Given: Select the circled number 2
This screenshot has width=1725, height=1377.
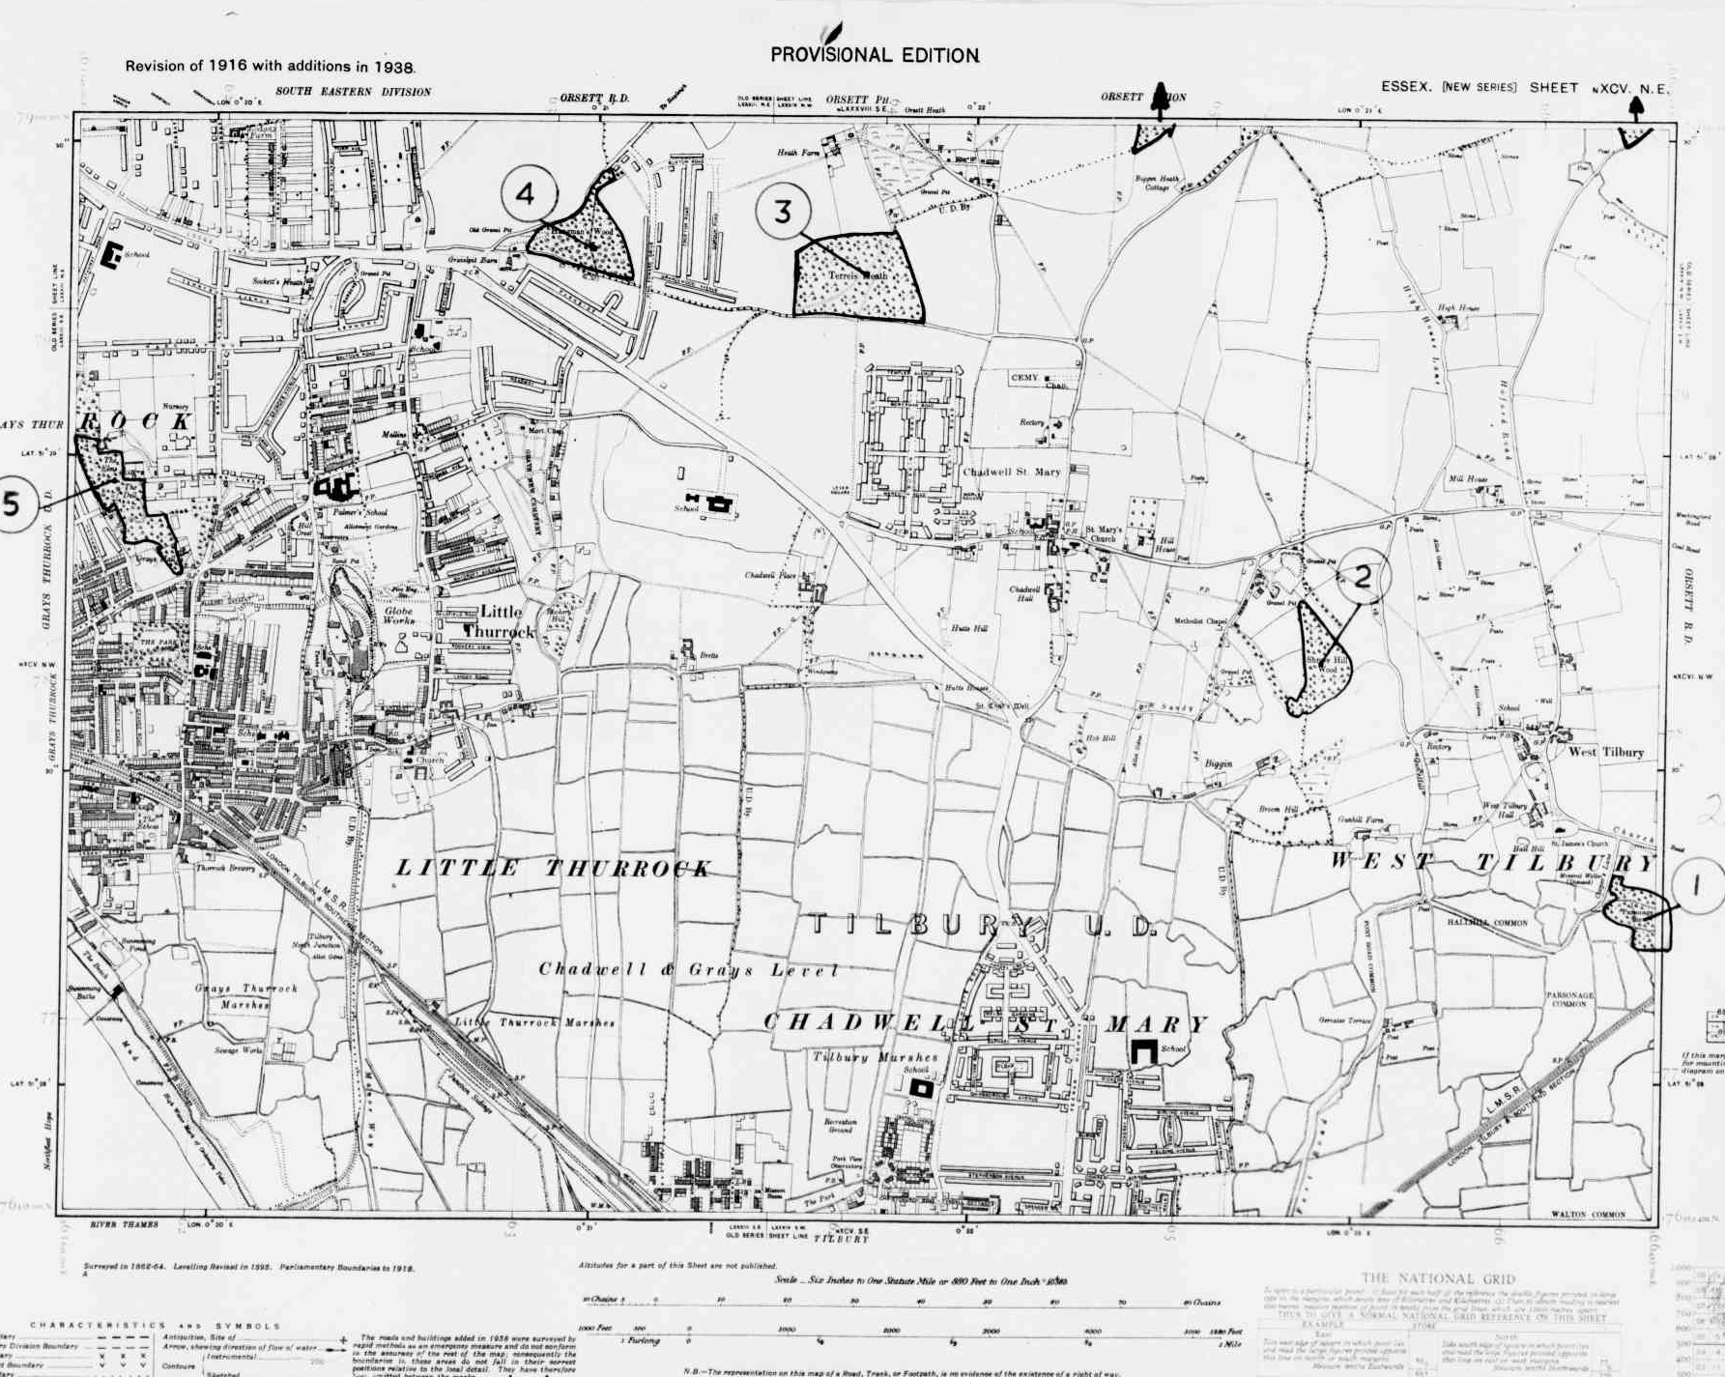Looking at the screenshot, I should click(x=1363, y=577).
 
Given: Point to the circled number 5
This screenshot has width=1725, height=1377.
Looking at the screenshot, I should click(x=12, y=503).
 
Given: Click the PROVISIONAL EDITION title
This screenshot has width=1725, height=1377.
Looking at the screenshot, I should click(x=875, y=55).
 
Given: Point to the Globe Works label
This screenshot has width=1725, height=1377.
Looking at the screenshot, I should click(x=398, y=616).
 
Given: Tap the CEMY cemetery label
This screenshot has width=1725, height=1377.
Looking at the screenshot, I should click(x=1024, y=378).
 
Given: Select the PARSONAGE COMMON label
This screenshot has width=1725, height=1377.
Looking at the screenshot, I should click(x=1569, y=999).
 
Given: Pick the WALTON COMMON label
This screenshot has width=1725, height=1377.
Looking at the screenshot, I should click(x=1588, y=1215).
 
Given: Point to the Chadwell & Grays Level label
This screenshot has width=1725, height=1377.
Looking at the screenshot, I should click(x=688, y=969).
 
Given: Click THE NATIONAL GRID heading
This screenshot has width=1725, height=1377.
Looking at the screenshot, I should click(x=1438, y=1278).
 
